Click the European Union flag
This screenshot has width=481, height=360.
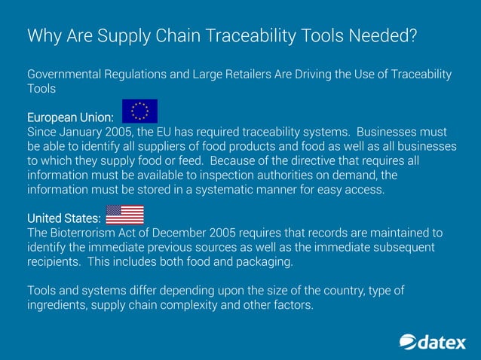pos(139,111)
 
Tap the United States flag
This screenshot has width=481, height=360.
pos(124,215)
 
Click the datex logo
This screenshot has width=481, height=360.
pos(432,342)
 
